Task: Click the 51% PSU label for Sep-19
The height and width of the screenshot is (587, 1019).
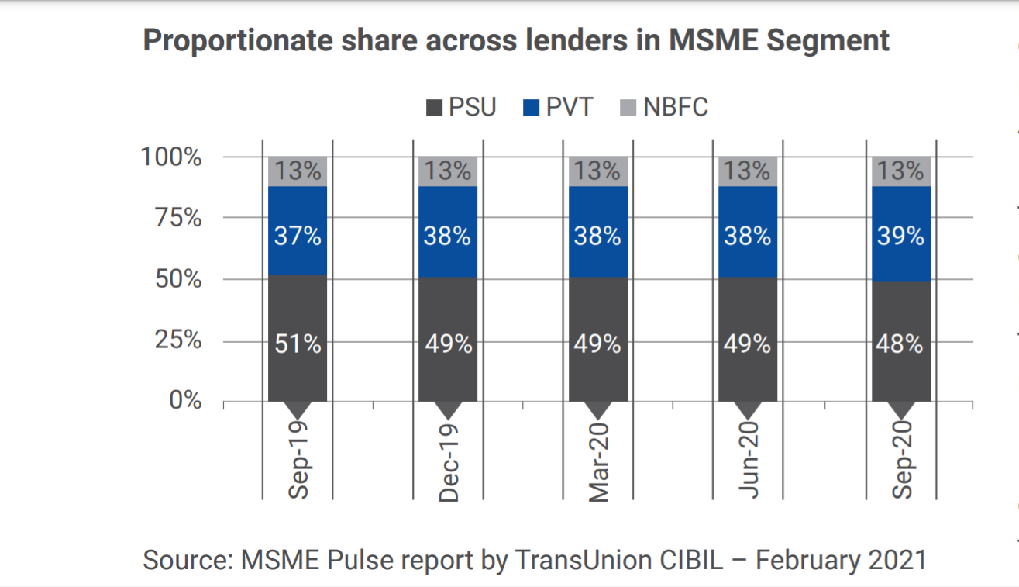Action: tap(298, 344)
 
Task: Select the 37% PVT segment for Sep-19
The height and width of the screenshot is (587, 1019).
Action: tap(298, 235)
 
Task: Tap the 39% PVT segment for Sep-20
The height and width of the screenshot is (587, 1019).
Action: tap(900, 235)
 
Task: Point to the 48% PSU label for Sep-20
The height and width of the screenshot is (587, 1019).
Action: tap(900, 344)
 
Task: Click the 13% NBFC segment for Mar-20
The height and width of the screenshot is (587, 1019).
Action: tap(597, 171)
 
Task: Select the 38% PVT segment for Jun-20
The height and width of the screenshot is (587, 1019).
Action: tap(748, 235)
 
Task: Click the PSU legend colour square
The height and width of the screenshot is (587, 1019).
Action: tap(435, 107)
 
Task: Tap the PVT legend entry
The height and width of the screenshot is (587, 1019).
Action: tap(559, 106)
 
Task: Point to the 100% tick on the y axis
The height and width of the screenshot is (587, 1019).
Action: tap(171, 157)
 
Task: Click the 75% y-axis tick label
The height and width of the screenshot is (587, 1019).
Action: tap(177, 218)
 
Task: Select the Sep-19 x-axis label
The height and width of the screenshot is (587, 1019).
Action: tap(298, 461)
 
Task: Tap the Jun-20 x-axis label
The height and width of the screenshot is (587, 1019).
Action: tap(748, 461)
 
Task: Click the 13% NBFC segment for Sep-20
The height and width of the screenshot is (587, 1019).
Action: tap(900, 171)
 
